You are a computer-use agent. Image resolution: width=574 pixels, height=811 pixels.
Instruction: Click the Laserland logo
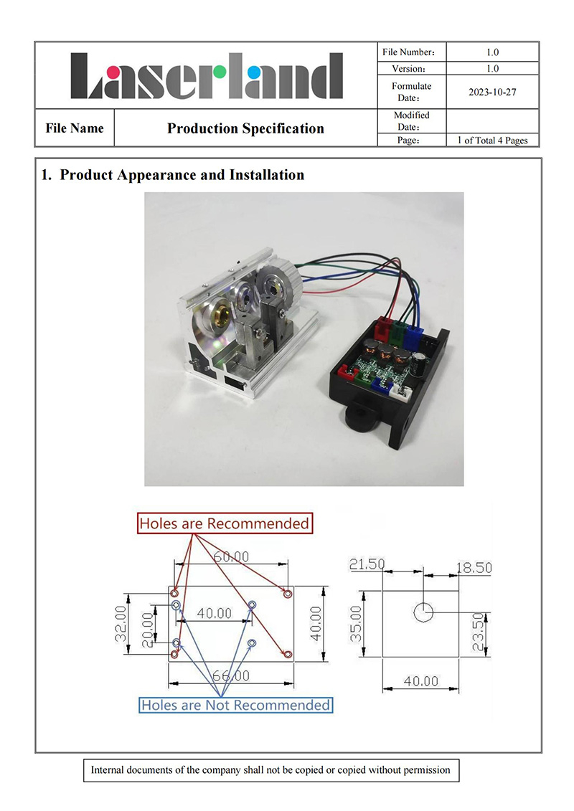[207, 75]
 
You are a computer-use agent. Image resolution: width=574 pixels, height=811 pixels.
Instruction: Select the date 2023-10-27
[491, 92]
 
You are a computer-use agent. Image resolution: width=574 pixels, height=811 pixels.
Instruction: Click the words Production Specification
[245, 129]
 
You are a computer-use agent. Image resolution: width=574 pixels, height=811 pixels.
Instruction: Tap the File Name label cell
[74, 129]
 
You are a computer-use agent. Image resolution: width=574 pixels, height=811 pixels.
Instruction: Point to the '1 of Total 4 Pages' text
[492, 141]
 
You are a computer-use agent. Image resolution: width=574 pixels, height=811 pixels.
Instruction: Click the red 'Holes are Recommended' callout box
[225, 523]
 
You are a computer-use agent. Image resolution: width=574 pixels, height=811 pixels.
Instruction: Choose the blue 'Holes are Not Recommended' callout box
[236, 705]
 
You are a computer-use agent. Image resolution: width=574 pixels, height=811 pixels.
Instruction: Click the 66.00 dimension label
[231, 676]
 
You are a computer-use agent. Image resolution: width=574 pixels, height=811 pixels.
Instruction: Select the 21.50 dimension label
[366, 565]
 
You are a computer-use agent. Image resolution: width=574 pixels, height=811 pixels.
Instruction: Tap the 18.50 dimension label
[474, 568]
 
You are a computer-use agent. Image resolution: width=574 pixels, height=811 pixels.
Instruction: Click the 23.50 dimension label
[479, 632]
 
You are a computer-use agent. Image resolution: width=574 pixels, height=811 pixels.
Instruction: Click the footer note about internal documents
[270, 770]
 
